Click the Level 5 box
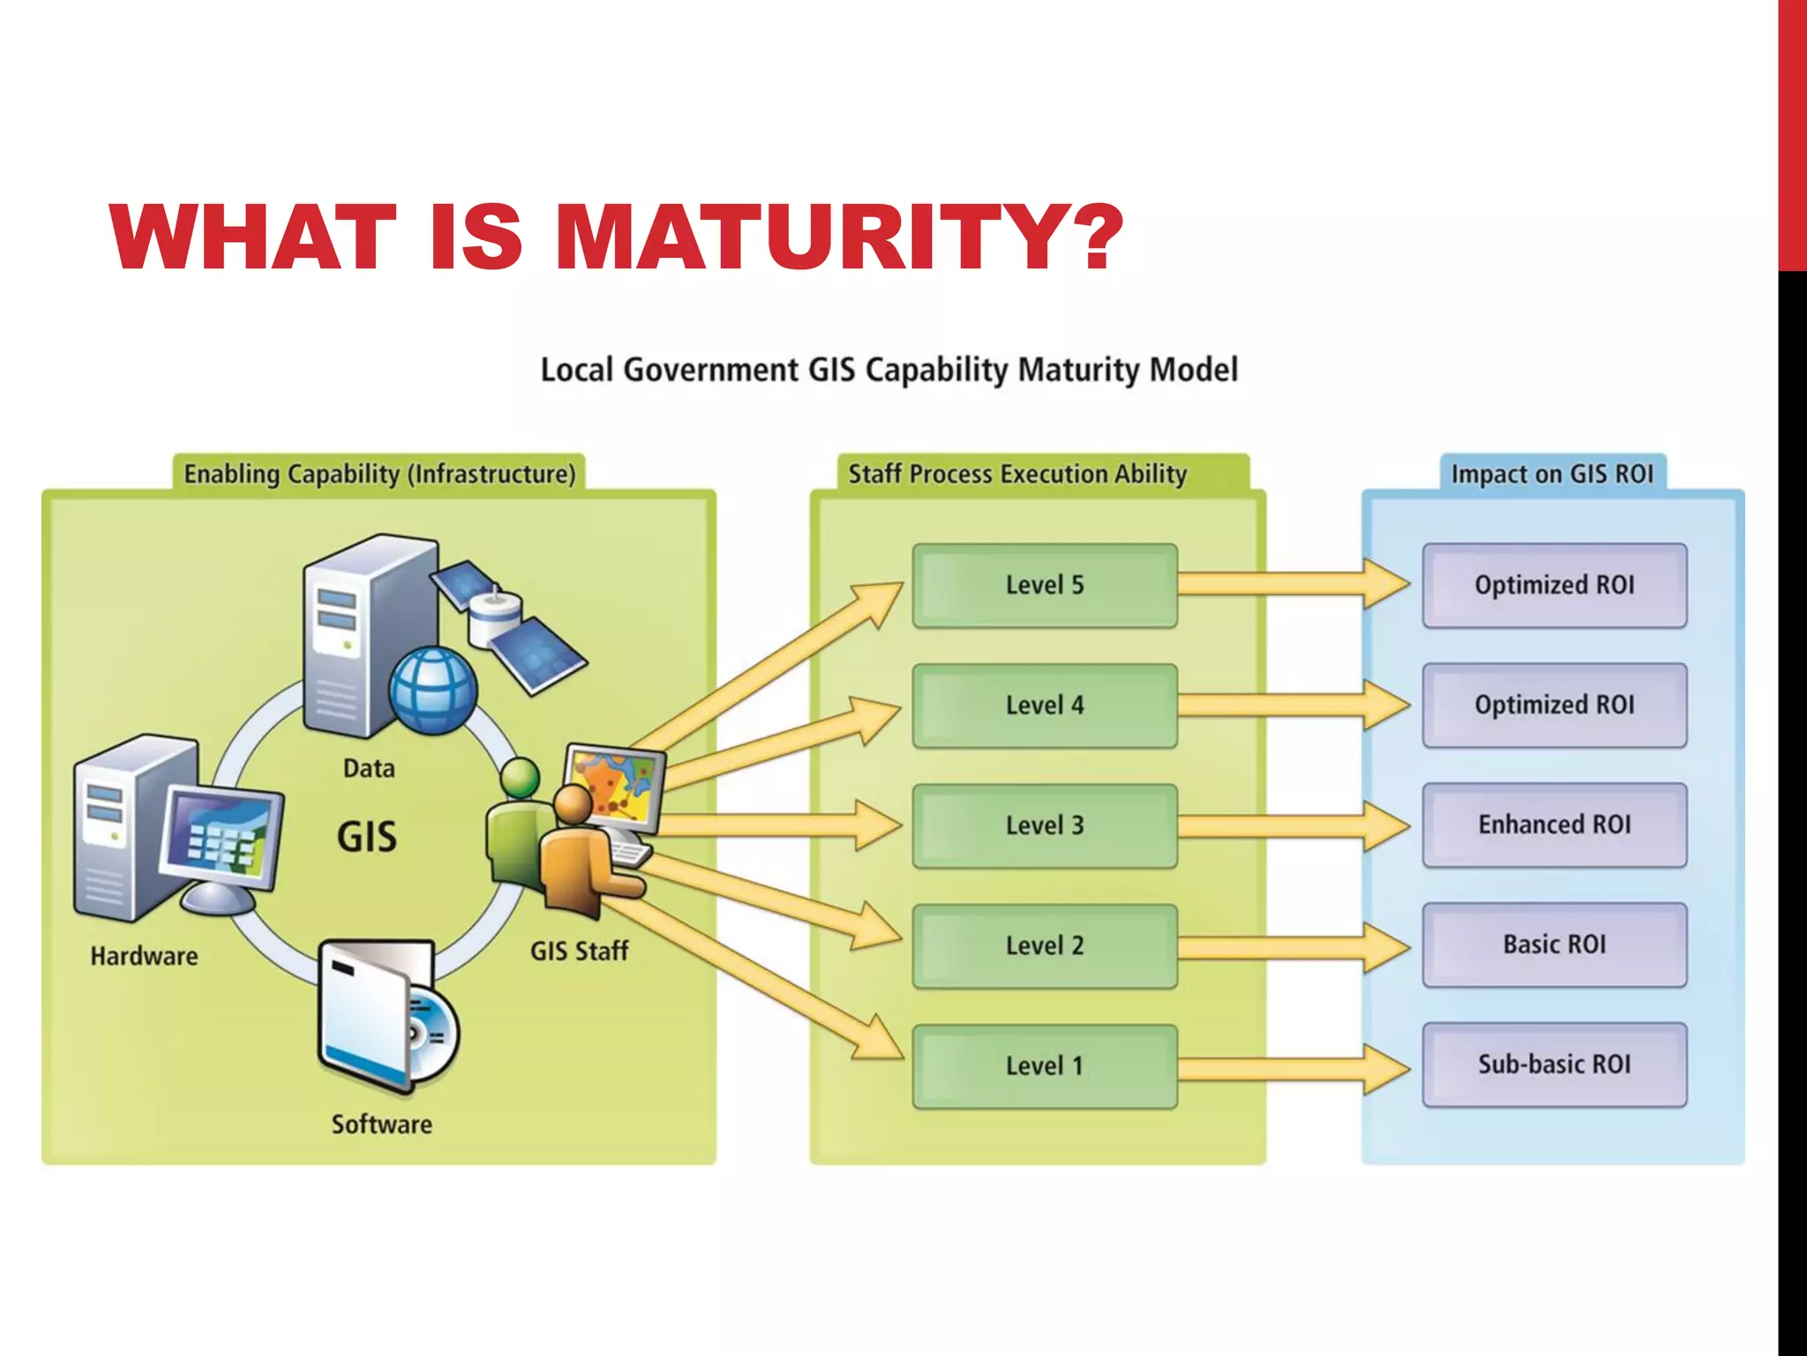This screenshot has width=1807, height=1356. (x=1045, y=585)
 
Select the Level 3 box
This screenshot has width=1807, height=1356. (x=1045, y=825)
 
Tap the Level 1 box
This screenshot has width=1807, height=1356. (x=1045, y=1066)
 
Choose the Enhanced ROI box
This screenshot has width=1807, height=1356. (x=1554, y=825)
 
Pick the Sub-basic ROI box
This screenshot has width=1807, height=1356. (x=1554, y=1065)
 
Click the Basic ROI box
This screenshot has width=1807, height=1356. (x=1554, y=945)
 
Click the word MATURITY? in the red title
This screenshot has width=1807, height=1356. (x=838, y=237)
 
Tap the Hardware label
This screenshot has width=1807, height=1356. (x=144, y=956)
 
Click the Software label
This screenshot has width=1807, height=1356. (x=381, y=1125)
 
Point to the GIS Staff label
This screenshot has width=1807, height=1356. (x=579, y=952)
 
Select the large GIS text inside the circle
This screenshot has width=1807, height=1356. (x=367, y=837)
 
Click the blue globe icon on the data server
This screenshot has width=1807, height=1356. (x=432, y=690)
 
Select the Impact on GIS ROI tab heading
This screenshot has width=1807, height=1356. (x=1552, y=474)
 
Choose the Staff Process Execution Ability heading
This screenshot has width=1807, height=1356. (x=1017, y=474)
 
